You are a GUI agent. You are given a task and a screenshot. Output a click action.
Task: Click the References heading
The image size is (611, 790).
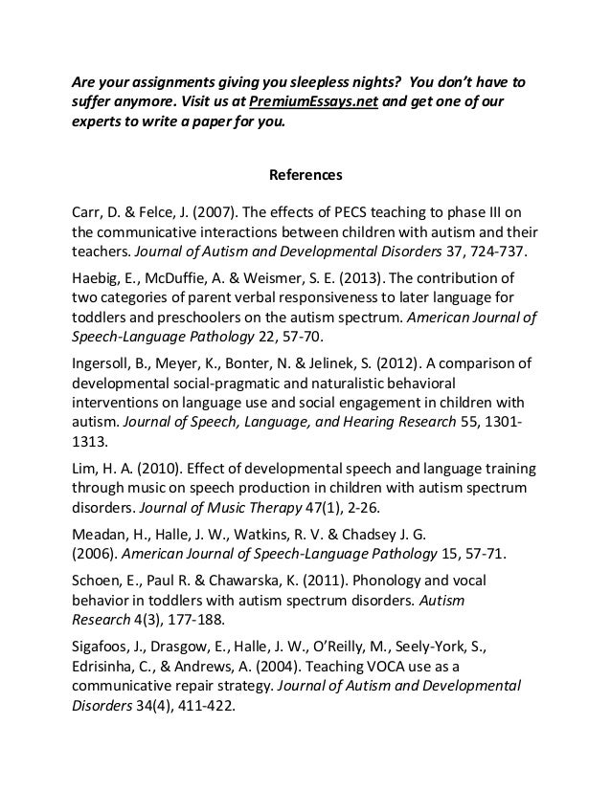pos(305,176)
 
